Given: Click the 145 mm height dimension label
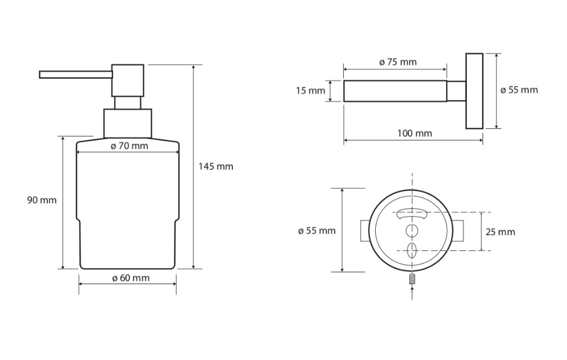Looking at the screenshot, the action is pyautogui.click(x=216, y=166).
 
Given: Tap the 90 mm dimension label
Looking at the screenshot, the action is pyautogui.click(x=42, y=200).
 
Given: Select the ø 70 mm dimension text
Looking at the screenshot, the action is pyautogui.click(x=129, y=146).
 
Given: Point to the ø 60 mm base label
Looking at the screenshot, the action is pyautogui.click(x=130, y=278).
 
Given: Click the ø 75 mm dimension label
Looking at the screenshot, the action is pyautogui.click(x=398, y=62).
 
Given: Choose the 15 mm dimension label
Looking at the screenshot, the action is pyautogui.click(x=310, y=91).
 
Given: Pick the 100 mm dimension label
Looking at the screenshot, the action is pyautogui.click(x=415, y=133).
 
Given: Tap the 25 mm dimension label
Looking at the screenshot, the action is pyautogui.click(x=500, y=232).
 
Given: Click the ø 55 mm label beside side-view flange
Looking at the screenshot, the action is pyautogui.click(x=519, y=89).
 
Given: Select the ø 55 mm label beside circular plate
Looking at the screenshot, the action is pyautogui.click(x=317, y=231).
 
